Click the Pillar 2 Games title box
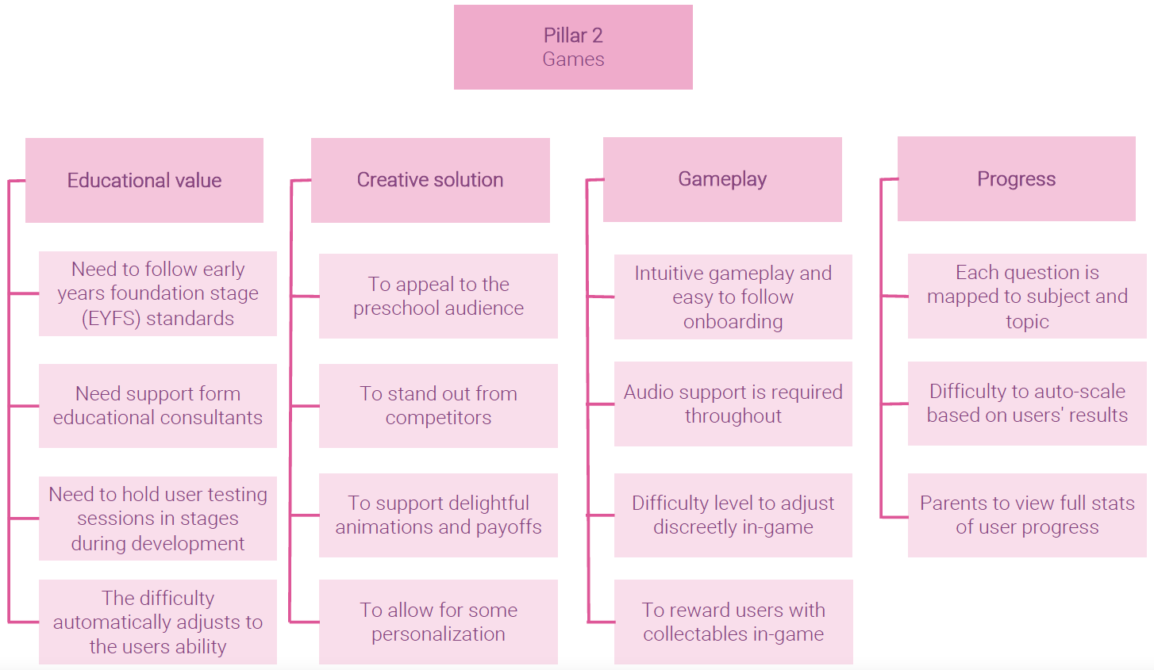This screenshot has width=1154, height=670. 573,47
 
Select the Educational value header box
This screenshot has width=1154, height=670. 144,180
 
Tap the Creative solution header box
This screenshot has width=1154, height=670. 430,180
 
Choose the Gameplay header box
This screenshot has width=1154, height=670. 722,179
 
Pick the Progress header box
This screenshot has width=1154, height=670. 1016,178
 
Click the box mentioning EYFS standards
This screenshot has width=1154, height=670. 158,293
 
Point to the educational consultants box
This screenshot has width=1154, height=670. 158,405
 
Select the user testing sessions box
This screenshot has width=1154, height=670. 158,519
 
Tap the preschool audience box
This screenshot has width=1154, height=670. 438,296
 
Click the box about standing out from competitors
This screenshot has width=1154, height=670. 438,405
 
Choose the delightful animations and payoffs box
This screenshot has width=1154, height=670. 438,515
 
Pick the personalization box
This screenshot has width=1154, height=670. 438,622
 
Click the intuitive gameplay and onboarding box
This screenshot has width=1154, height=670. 733,297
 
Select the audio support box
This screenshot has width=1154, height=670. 733,404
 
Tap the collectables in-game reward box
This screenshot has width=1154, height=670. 733,622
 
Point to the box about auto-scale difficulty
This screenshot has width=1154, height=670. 1027,403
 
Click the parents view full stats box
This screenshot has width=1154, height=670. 1027,515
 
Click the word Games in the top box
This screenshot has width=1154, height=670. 573,59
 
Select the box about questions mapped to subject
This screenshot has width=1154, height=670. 1027,297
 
